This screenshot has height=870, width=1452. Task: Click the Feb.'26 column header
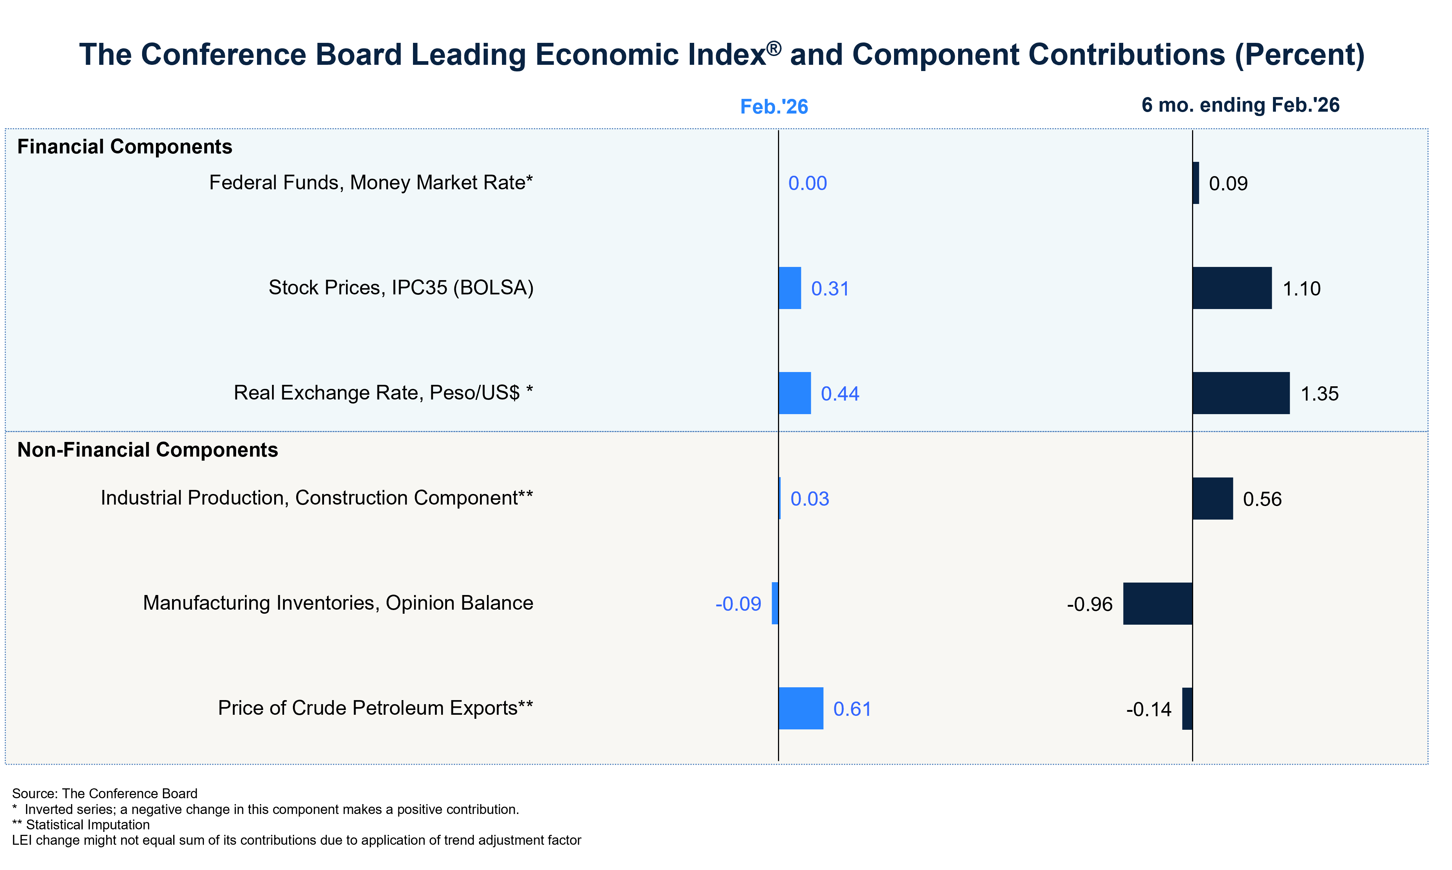pyautogui.click(x=774, y=107)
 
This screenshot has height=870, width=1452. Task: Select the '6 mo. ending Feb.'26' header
pyautogui.click(x=1240, y=105)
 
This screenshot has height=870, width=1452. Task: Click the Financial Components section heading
pyautogui.click(x=124, y=146)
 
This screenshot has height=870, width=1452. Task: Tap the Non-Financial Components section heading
pyautogui.click(x=147, y=450)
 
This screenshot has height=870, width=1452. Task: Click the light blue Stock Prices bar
pyautogui.click(x=790, y=288)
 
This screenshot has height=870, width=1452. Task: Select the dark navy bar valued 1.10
pyautogui.click(x=1232, y=288)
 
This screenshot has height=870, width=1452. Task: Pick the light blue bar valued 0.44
pyautogui.click(x=795, y=393)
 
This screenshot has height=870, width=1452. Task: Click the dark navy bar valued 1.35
pyautogui.click(x=1241, y=393)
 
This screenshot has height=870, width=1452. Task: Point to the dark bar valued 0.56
pyautogui.click(x=1212, y=498)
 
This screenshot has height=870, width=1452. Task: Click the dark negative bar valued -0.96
pyautogui.click(x=1158, y=603)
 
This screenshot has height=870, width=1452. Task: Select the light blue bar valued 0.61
pyautogui.click(x=801, y=708)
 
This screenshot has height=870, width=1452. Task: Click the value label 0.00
pyautogui.click(x=807, y=183)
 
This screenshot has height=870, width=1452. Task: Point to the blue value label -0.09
pyautogui.click(x=738, y=604)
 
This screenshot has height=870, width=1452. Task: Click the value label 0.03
pyautogui.click(x=809, y=499)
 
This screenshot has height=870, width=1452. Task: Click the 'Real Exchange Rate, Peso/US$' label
pyautogui.click(x=383, y=393)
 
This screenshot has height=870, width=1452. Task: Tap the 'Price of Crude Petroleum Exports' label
pyautogui.click(x=375, y=708)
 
